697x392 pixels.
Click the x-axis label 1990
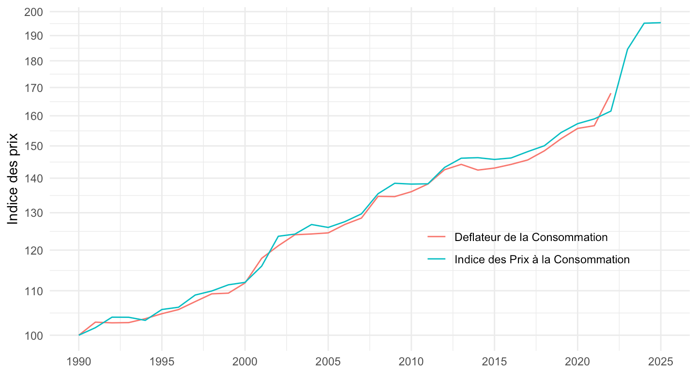78,362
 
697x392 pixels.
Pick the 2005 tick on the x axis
328,362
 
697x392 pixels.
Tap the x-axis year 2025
661,362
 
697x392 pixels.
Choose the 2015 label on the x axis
494,362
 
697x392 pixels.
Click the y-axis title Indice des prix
13,179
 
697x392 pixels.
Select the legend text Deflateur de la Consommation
531,237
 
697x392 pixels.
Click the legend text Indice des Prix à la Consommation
542,259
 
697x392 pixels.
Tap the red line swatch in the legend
436,237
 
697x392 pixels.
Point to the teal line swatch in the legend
436,259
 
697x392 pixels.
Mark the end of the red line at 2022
611,93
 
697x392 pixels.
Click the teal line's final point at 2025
661,23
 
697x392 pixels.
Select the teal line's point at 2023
627,49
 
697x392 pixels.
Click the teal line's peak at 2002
278,236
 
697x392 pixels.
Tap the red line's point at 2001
261,258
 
